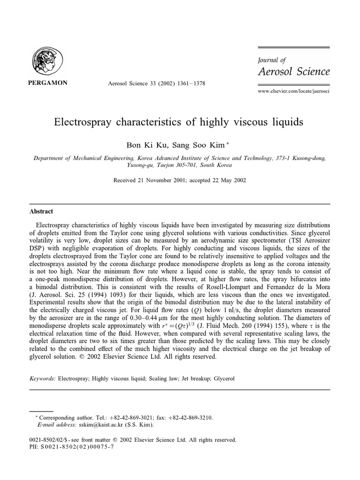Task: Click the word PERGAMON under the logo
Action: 49,83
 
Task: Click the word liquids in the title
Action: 286,122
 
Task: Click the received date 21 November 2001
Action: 164,180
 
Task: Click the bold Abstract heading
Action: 41,211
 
